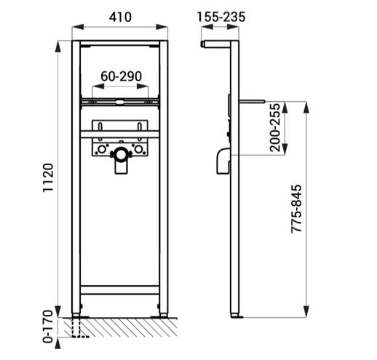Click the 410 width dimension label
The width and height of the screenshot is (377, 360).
pyautogui.click(x=120, y=17)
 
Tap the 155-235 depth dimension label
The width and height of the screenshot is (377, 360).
pyautogui.click(x=221, y=17)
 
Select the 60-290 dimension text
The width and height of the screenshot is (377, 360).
pyautogui.click(x=121, y=76)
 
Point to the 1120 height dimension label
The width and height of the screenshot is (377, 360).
pyautogui.click(x=48, y=177)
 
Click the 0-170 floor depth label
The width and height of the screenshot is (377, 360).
pyautogui.click(x=48, y=326)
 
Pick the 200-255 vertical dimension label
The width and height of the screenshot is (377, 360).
pyautogui.click(x=275, y=128)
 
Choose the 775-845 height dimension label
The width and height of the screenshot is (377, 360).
pyautogui.click(x=296, y=209)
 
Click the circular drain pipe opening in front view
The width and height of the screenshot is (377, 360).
pyautogui.click(x=121, y=154)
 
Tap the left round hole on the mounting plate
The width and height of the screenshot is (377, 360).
pyautogui.click(x=102, y=149)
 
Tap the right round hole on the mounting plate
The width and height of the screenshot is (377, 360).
pyautogui.click(x=138, y=149)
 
